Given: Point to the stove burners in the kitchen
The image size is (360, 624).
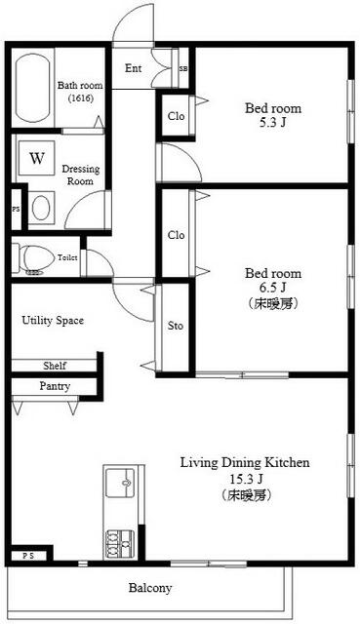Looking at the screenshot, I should [121, 539].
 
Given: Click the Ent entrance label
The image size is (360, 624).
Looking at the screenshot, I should [135, 68].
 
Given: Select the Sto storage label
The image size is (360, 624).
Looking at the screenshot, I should [176, 326].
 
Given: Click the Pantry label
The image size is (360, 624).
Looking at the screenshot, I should [55, 387].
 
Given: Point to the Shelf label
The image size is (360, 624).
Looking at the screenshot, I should [55, 366].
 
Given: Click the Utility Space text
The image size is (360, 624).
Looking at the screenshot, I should [53, 320].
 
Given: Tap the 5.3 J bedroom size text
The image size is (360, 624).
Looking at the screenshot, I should [272, 124].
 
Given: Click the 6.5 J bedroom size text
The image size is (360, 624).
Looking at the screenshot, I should [272, 289].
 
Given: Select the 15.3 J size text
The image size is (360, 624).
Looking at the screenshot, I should [244, 479].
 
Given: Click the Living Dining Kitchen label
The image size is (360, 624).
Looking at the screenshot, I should [244, 462].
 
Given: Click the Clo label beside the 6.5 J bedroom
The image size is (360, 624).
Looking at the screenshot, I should [176, 235].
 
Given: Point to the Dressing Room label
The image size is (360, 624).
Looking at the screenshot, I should [80, 175].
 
